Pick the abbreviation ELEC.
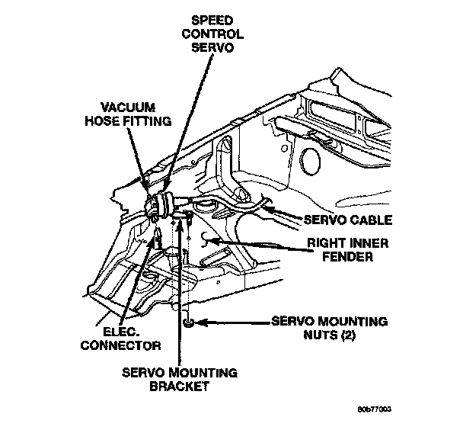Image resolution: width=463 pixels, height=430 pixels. click(120, 331)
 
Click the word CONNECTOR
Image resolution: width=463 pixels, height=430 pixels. click(124, 345)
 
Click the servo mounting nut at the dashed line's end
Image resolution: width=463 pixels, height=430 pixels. click(187, 322)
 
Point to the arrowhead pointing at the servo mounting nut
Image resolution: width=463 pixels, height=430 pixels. click(200, 322)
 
